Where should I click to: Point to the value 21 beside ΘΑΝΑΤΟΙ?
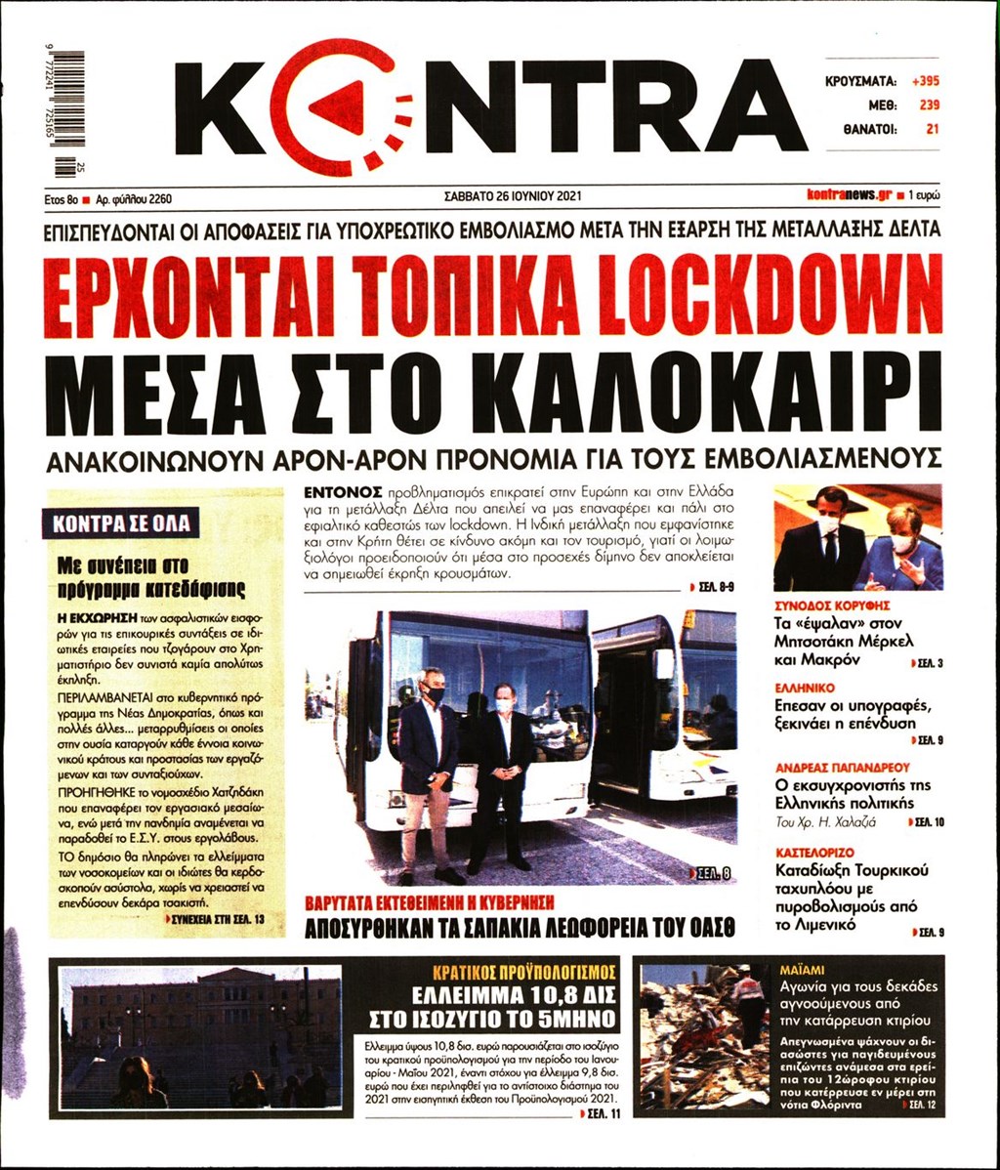click(932, 128)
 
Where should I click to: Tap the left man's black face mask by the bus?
click(436, 693)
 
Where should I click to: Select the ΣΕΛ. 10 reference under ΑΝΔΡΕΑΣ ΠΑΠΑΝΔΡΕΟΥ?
click(928, 823)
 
